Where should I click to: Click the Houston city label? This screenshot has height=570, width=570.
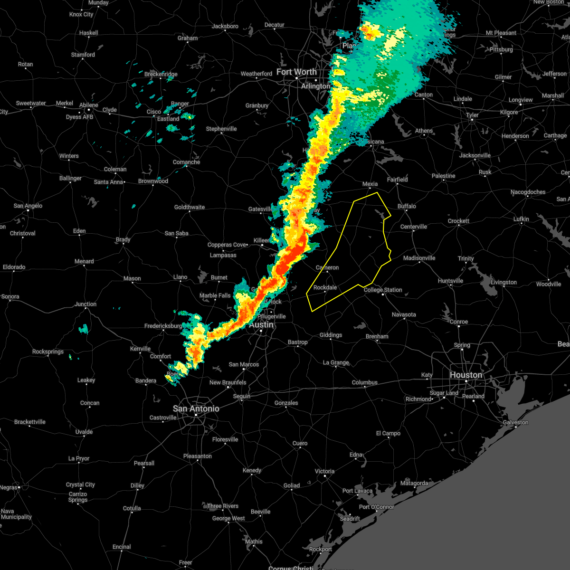click(x=465, y=375)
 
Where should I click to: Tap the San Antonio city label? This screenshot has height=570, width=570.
click(x=196, y=408)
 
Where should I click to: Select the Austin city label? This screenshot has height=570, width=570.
click(x=261, y=325)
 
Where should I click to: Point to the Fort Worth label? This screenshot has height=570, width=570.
click(x=296, y=72)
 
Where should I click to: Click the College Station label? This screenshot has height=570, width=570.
click(x=383, y=290)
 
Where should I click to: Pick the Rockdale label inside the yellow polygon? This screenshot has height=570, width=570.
click(x=325, y=287)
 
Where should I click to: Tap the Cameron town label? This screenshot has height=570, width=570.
click(x=327, y=267)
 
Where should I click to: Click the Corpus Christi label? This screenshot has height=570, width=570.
click(x=290, y=568)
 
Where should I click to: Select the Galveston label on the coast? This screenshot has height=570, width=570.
click(x=515, y=422)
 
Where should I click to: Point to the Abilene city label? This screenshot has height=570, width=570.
click(x=89, y=105)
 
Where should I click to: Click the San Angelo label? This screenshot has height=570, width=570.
click(x=28, y=206)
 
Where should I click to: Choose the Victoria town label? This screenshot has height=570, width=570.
click(x=324, y=471)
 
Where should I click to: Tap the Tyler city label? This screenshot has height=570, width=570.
click(x=472, y=115)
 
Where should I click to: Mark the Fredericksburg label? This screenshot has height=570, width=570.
click(x=163, y=326)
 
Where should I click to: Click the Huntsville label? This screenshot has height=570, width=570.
click(x=450, y=281)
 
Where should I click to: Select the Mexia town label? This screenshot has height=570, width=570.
click(x=370, y=184)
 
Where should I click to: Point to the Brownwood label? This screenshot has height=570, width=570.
click(x=153, y=181)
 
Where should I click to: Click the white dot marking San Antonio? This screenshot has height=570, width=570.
click(x=196, y=415)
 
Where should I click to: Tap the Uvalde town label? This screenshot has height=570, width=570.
click(x=84, y=432)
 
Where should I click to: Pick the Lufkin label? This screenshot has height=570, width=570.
click(x=521, y=219)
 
